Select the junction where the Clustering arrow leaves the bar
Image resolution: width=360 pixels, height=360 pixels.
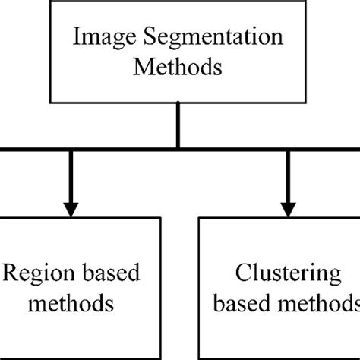(289, 148)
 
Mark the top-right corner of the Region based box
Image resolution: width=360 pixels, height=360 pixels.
(161, 218)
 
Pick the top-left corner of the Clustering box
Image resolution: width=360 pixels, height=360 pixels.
(200, 218)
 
